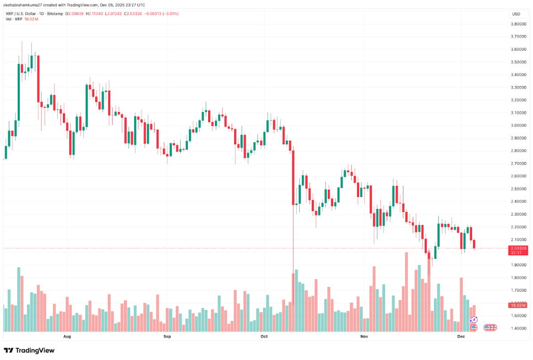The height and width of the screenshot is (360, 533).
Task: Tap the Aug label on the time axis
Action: (67, 337)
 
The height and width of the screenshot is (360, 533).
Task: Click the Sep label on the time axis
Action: (167, 337)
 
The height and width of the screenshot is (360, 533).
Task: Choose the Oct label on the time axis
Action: (263, 337)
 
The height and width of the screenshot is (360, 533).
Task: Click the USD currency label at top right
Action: (516, 14)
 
